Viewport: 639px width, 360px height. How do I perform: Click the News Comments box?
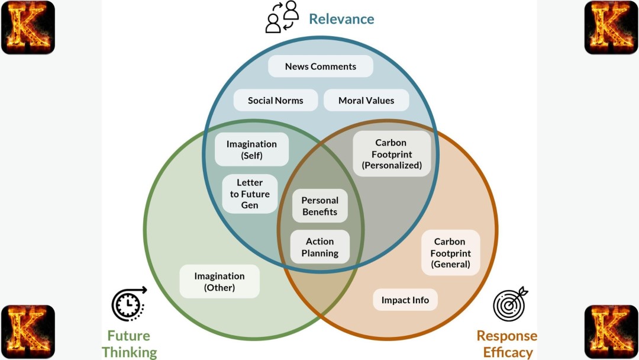[321, 66]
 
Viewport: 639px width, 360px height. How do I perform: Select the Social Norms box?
[276, 100]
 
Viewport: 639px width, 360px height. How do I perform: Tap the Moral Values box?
[366, 100]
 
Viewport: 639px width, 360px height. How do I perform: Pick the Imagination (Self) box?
[251, 149]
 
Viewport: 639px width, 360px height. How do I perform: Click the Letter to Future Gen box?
[250, 194]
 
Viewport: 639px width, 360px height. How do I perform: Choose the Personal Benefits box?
[319, 206]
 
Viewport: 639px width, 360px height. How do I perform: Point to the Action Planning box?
[320, 247]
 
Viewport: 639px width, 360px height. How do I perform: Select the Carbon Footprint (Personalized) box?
[392, 154]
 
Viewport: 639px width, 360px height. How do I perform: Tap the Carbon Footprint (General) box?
[450, 253]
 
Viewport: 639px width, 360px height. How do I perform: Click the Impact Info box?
[405, 300]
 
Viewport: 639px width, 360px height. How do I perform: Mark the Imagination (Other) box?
[220, 281]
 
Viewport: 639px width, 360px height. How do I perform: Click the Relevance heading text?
[341, 19]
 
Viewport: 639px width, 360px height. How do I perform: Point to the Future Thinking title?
[129, 344]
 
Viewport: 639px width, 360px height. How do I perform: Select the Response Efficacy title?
[507, 344]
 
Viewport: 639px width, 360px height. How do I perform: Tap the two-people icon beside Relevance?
[282, 17]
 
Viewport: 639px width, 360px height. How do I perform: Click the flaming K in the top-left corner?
[28, 27]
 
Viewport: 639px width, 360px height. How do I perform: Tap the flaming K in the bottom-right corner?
[611, 332]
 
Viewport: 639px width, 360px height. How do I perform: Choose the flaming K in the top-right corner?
[611, 27]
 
